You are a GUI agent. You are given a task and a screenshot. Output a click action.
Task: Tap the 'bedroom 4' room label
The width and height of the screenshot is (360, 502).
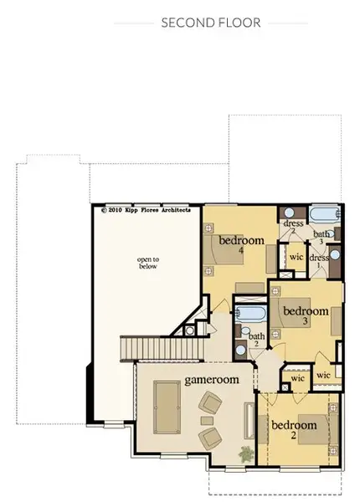241,245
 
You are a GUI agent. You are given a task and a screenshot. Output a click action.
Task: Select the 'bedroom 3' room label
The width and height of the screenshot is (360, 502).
306,316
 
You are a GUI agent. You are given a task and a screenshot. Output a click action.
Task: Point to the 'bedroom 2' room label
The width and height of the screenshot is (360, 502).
294,430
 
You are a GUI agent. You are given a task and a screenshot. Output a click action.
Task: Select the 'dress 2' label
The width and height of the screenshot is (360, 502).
293,227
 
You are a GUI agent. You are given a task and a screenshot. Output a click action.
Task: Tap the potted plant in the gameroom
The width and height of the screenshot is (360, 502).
245,455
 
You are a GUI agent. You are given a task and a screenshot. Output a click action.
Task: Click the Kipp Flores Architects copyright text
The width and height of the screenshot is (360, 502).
146,210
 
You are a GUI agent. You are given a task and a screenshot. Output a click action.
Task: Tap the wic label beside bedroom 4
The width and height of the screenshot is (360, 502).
296,257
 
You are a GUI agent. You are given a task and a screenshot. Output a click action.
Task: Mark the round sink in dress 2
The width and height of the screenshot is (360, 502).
289,213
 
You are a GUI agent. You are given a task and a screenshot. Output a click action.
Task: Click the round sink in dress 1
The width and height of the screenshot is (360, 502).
334,254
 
